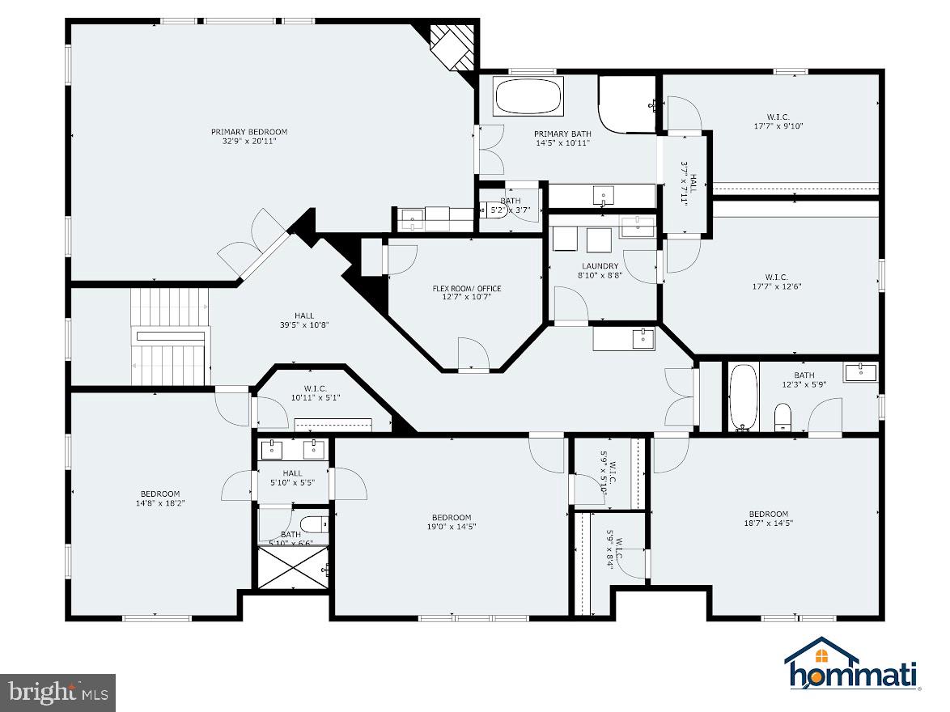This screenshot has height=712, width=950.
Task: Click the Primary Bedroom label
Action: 249,132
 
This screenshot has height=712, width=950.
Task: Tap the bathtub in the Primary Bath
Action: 528,97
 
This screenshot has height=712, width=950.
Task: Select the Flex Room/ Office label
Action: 466,288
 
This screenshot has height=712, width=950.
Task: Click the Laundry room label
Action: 600,266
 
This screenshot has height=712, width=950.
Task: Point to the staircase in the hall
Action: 170,337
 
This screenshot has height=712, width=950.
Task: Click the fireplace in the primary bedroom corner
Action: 452,46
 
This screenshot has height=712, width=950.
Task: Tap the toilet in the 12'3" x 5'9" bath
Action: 782,417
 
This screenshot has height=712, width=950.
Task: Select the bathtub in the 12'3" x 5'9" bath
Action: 742,397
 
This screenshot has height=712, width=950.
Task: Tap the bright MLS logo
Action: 57,693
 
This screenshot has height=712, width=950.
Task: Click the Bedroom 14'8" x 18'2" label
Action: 159,494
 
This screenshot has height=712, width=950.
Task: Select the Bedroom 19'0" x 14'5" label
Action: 451,518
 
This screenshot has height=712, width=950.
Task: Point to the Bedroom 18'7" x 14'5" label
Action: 768,514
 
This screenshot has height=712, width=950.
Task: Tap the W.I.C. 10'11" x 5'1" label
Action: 316,388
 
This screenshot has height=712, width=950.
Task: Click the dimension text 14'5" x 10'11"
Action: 562,142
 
